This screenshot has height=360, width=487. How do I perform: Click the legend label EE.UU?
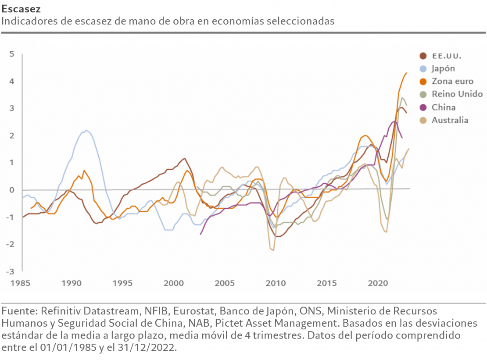(446, 56)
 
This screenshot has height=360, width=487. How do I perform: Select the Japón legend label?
(443, 68)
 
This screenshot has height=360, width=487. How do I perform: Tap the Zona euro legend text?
(452, 81)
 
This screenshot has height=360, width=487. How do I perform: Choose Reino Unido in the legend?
(457, 94)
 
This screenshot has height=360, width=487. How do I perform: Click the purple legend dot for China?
(423, 107)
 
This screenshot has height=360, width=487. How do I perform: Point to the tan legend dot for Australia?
(423, 120)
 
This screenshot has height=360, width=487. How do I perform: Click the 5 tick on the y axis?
(12, 54)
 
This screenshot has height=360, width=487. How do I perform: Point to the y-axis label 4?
(12, 82)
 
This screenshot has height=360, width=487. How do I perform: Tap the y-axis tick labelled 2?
(12, 136)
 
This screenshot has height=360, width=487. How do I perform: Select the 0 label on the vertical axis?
(12, 190)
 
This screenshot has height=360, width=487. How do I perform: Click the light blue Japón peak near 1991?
(86, 130)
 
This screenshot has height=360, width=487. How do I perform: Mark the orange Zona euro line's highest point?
(406, 73)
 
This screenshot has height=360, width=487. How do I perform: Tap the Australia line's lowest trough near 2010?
(273, 250)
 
